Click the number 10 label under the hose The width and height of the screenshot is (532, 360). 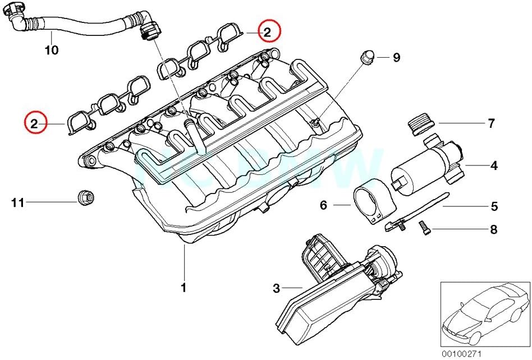coord(51,50)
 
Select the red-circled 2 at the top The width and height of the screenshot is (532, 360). coord(268,33)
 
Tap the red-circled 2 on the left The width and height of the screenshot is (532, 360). coord(35,123)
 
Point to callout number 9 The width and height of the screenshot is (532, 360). coord(396,58)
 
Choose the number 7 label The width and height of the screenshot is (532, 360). coord(491,123)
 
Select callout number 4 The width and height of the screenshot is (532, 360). coord(494,165)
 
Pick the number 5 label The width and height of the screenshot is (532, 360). coord(494,206)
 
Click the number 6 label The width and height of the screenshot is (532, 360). coord(323,206)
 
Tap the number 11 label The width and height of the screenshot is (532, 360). coord(18,202)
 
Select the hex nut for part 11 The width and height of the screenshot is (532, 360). coord(85,197)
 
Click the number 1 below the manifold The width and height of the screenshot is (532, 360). coord(183,288)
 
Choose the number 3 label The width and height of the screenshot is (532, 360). coord(276,289)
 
